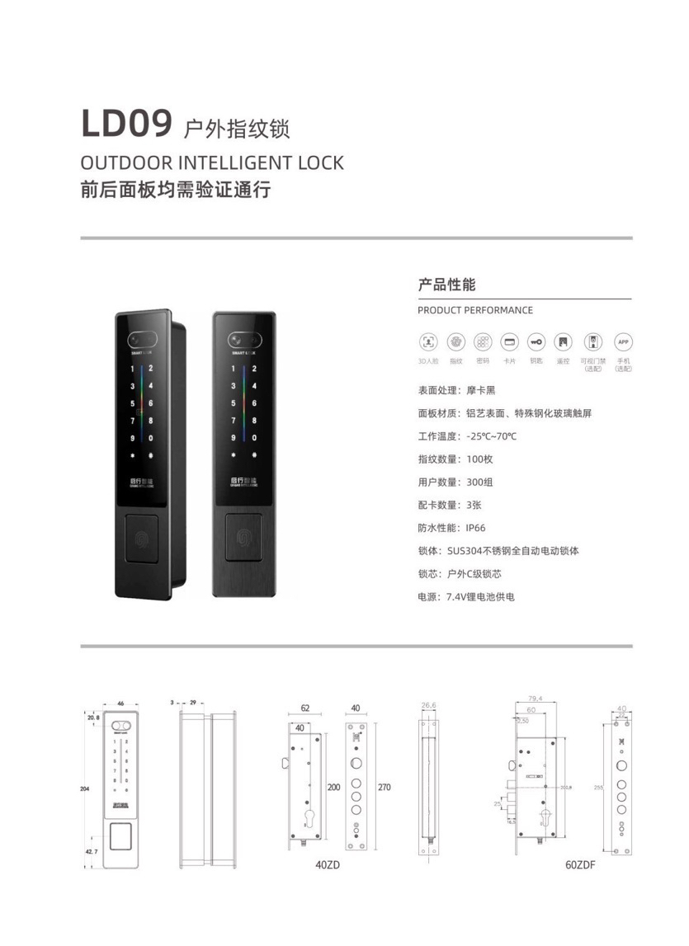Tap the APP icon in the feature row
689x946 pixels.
pos(624,341)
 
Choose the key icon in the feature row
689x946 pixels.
pos(536,341)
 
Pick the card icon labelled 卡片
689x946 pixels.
pos(509,341)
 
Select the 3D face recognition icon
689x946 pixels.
pos(429,341)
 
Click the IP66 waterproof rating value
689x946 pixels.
pos(478,527)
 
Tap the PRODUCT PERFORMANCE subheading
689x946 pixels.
pos(475,310)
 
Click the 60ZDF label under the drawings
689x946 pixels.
pos(580,865)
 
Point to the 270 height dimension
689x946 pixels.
pos(384,788)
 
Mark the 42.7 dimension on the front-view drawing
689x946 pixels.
pos(91,850)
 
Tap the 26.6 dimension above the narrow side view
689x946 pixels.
pos(428,706)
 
